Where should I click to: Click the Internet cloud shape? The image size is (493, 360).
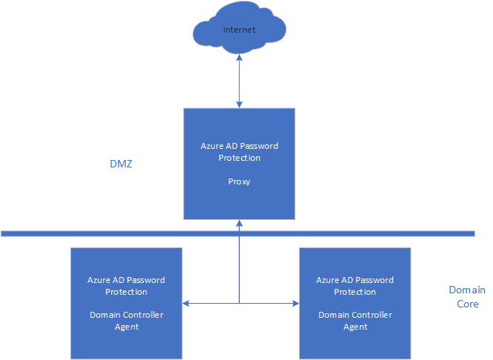239,28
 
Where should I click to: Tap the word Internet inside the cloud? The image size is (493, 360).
239,30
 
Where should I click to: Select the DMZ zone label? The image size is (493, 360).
121,164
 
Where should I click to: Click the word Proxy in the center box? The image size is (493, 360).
239,182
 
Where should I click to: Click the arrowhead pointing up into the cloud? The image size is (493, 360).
239,58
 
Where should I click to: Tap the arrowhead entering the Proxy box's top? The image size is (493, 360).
239,104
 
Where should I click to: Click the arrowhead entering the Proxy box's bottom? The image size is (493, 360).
239,223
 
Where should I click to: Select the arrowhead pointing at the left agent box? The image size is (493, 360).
186,304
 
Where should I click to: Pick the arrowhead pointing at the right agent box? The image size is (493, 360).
295,304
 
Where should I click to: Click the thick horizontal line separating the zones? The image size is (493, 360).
238,233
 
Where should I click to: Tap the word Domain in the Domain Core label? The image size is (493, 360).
467,290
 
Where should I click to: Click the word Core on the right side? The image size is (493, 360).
468,304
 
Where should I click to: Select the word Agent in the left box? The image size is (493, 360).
127,327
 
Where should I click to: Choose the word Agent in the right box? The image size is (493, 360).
355,327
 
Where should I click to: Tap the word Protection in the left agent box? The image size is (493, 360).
126,292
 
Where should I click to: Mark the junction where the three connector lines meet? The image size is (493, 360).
239,304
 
